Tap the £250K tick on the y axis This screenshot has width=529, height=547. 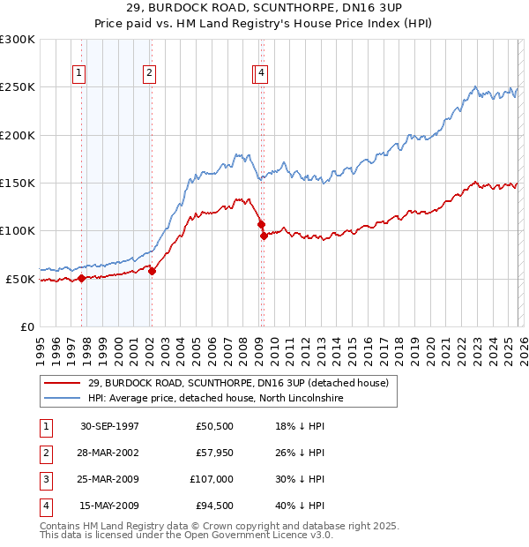tap(18, 87)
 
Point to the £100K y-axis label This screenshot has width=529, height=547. tap(18, 231)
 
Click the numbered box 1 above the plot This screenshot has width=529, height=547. tap(79, 74)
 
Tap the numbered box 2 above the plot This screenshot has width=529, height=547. tap(150, 74)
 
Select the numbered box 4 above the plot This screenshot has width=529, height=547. tap(263, 74)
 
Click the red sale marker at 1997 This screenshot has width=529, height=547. tap(82, 278)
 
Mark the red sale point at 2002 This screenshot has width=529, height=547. tap(152, 271)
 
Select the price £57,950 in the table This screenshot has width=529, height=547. tap(210, 453)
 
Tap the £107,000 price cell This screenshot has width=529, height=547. tap(209, 479)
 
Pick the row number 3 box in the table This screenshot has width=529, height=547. tap(45, 479)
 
